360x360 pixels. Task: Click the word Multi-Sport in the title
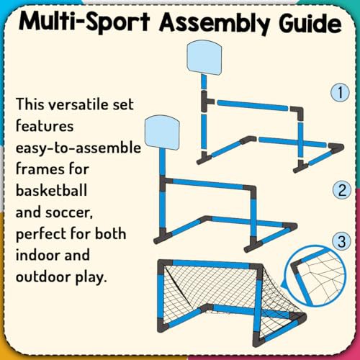[84, 22]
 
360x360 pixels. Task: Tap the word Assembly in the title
[214, 23]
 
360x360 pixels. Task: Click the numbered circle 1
[340, 92]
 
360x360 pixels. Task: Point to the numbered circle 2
[342, 190]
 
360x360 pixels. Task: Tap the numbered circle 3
[342, 241]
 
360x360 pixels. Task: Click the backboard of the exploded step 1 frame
[204, 58]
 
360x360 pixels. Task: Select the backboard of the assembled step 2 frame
[162, 132]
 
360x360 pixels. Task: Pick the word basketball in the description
[51, 190]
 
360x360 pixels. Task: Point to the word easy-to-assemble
[78, 148]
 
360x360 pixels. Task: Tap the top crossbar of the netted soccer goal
[210, 264]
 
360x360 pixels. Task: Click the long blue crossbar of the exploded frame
[253, 105]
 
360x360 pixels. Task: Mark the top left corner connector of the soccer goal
[164, 264]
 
